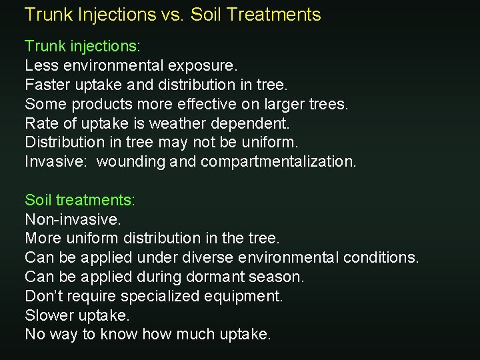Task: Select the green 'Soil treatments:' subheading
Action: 79,199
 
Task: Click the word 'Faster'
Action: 46,85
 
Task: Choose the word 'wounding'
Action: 128,162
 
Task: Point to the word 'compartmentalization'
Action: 278,162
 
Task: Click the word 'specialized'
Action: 161,296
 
